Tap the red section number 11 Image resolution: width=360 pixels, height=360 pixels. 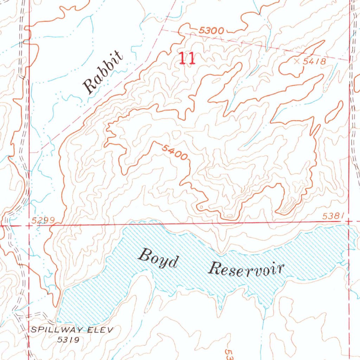click(x=187, y=58)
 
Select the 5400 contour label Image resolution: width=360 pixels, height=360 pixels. click(x=175, y=152)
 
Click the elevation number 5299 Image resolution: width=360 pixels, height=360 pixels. click(x=43, y=220)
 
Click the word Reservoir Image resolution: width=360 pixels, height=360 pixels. click(x=246, y=270)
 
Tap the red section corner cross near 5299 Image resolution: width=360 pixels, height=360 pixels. click(x=29, y=225)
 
